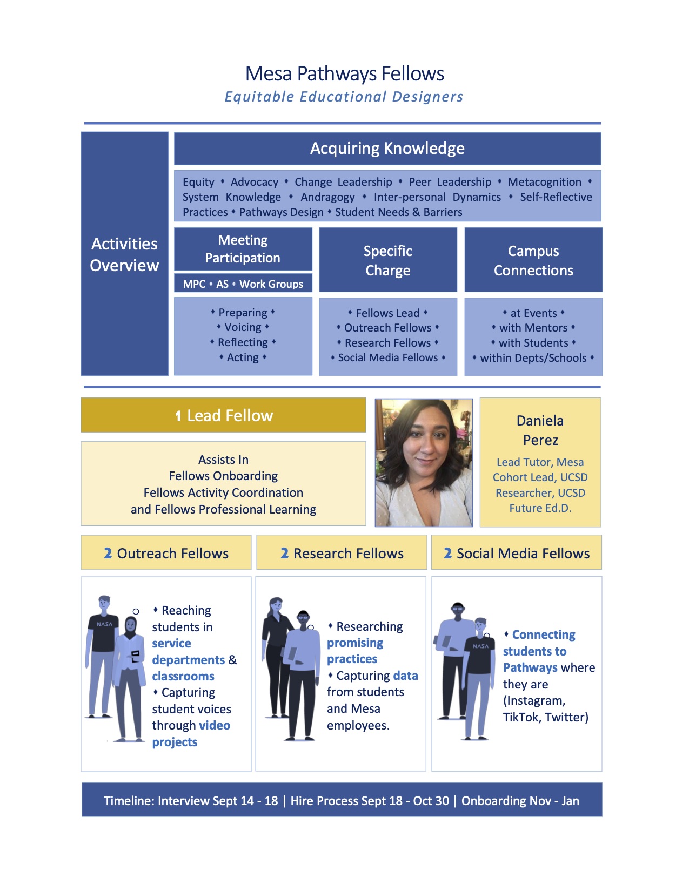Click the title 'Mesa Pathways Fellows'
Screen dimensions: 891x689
pos(344,74)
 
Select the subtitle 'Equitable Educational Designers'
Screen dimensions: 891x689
pos(344,97)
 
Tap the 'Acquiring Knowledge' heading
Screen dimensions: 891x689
pos(387,148)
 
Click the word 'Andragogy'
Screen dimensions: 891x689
pos(327,197)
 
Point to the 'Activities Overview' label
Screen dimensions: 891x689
pos(124,254)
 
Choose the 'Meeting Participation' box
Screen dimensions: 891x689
pos(243,249)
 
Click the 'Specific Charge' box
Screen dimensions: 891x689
pos(387,260)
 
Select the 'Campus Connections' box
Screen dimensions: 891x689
pos(533,260)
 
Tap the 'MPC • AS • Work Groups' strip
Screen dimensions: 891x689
pos(243,284)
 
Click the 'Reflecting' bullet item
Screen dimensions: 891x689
pos(243,342)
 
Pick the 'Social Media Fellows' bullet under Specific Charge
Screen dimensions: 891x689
pos(387,357)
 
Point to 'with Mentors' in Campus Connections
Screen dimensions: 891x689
pos(533,328)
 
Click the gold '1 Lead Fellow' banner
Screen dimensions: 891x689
pos(223,415)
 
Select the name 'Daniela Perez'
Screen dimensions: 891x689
pos(540,430)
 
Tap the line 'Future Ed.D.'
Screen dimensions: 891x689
pos(540,508)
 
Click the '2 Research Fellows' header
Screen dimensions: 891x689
pos(342,553)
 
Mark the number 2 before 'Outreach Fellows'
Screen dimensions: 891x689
pos(108,553)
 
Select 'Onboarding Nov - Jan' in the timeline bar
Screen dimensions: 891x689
pos(520,801)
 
